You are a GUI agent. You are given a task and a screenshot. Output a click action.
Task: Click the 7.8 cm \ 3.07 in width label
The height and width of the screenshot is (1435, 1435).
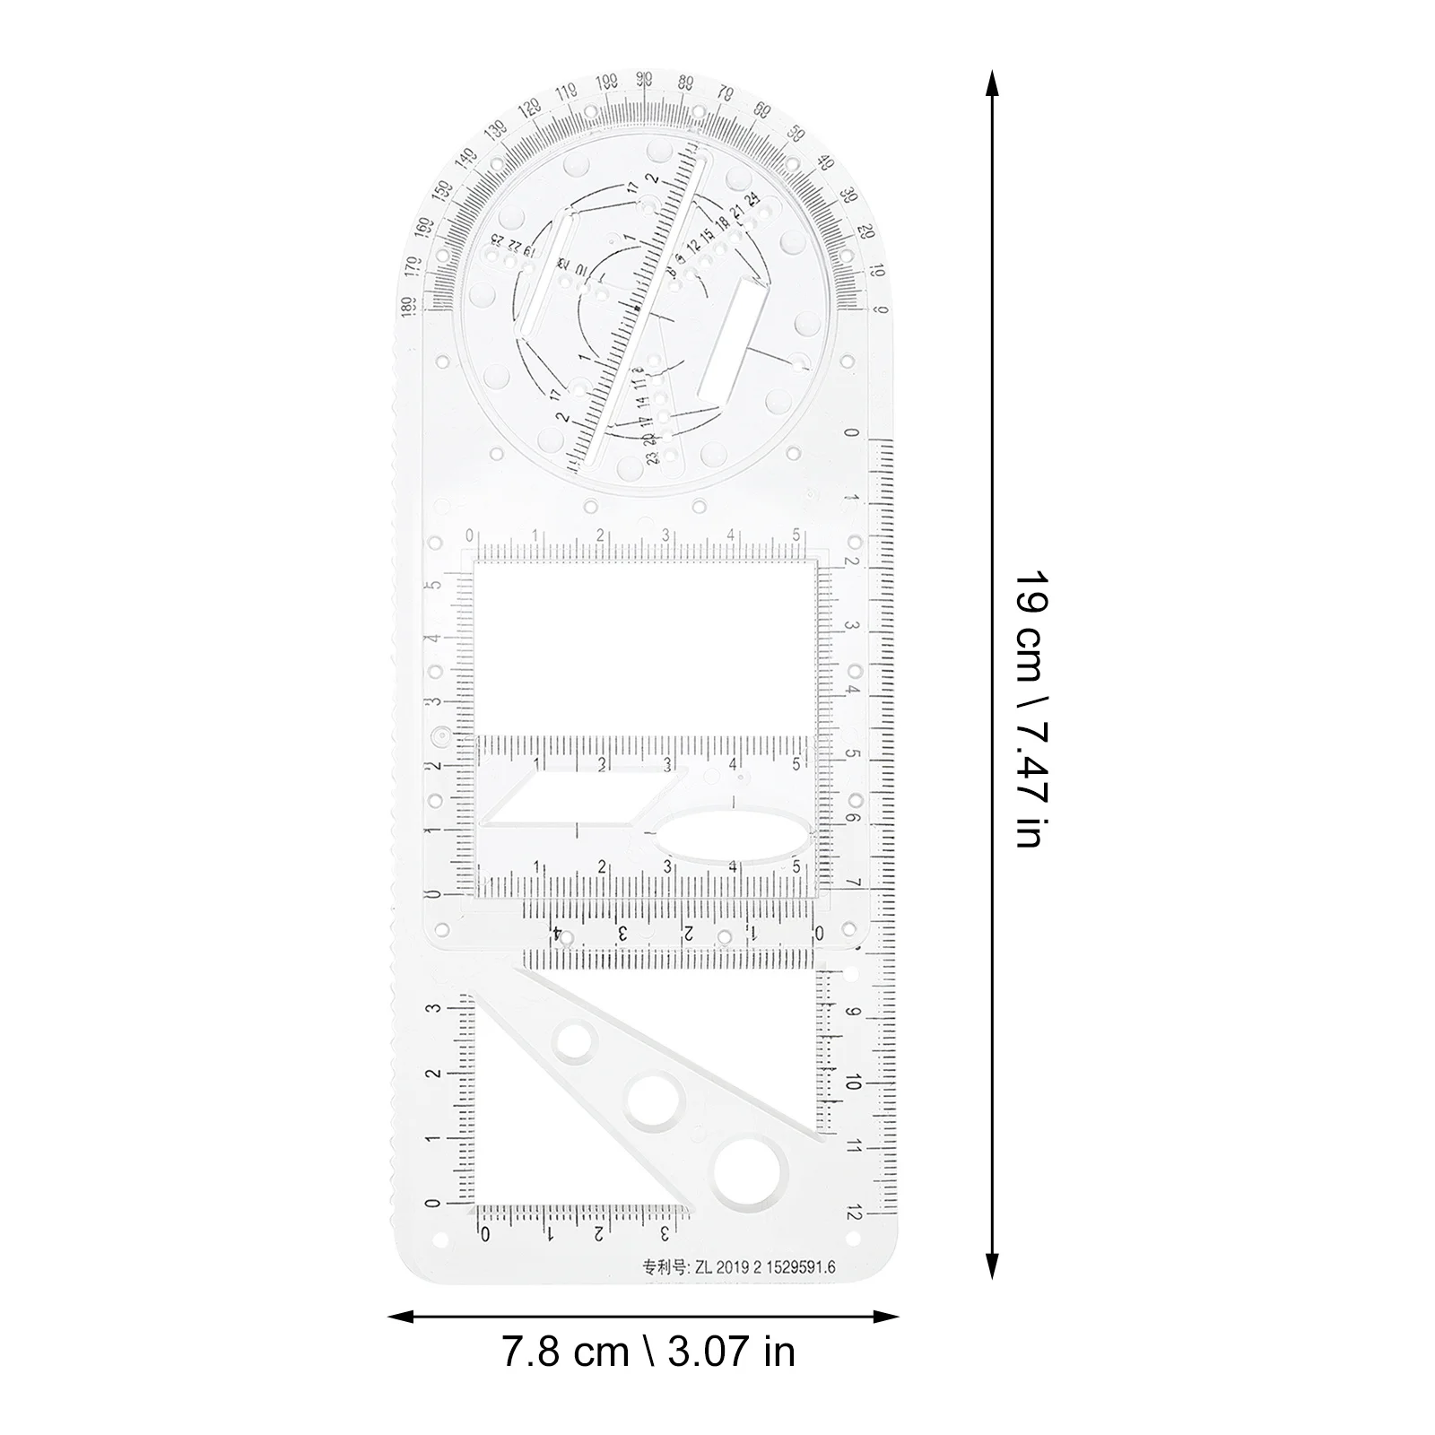click(x=648, y=1352)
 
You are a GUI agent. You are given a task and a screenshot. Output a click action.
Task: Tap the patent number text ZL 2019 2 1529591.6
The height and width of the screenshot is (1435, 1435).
click(x=738, y=1267)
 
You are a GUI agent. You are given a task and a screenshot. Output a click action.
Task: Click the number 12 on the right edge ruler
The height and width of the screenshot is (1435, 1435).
click(x=853, y=1213)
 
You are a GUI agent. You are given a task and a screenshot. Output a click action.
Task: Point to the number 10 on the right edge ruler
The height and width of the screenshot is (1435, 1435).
click(x=853, y=1083)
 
